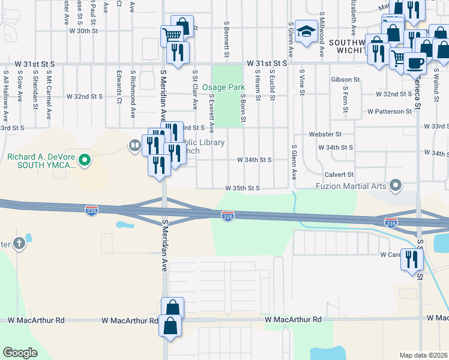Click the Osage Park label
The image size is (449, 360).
click(223, 87)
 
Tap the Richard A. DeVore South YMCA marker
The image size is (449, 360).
click(85, 160)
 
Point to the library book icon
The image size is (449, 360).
click(134, 145)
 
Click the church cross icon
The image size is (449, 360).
click(19, 244)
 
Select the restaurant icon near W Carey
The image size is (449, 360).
click(412, 259)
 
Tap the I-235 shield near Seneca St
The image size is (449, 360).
click(391, 223)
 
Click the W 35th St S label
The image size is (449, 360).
click(242, 188)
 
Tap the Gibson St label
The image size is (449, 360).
click(345, 79)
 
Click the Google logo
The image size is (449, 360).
click(20, 353)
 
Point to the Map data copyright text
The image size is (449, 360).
click(424, 355)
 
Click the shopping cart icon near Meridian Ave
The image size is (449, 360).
click(172, 35)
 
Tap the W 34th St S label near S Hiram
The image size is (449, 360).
click(255, 160)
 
